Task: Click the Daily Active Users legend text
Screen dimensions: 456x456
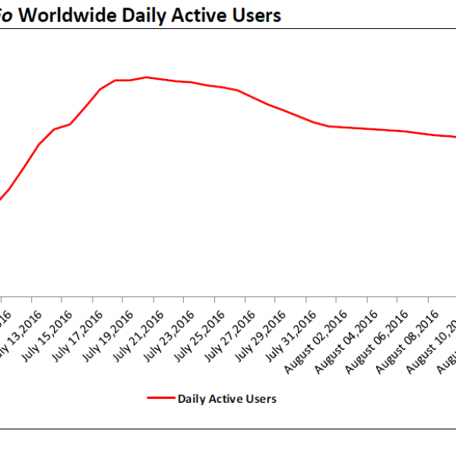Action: [x=226, y=397]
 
